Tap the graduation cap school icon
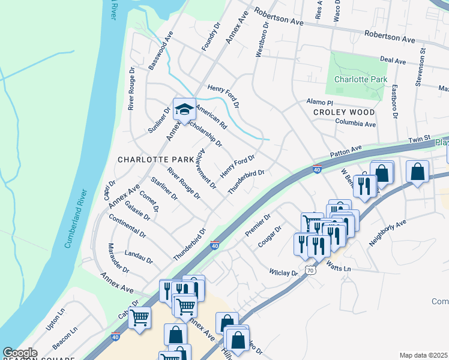point(184,109)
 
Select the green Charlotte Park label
point(361,79)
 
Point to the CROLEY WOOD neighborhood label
point(344,112)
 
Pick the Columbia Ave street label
point(355,124)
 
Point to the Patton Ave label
point(346,152)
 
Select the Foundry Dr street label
point(208,37)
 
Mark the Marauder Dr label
point(118,258)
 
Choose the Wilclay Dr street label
point(284,273)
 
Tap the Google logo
point(20,353)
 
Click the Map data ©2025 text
point(423,355)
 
